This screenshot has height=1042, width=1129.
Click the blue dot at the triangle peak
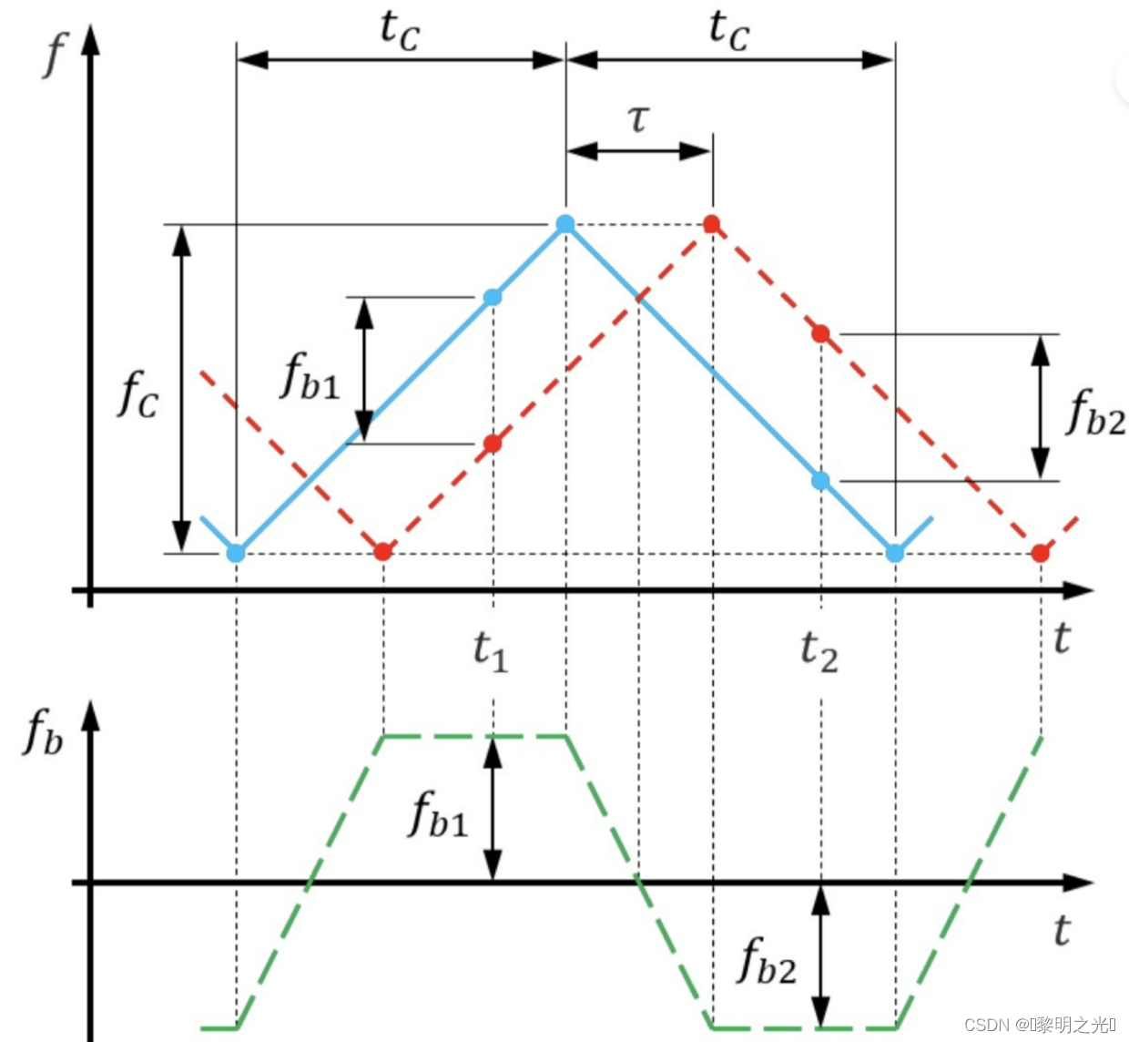pos(565,224)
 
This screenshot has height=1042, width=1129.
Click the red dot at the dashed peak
pos(712,224)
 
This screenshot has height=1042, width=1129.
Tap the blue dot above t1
pos(493,297)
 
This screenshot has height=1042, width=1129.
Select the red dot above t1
pos(493,444)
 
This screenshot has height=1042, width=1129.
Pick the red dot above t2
pos(820,334)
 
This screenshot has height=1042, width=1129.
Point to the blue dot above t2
pos(820,480)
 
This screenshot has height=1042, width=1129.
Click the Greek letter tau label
pos(639,118)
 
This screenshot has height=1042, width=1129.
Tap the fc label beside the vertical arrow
pos(137,393)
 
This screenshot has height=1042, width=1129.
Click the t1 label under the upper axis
pos(490,650)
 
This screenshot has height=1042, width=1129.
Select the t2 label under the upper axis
pos(819,651)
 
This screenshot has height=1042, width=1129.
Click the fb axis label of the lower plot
pos(43,732)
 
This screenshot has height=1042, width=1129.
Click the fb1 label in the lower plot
pos(438,813)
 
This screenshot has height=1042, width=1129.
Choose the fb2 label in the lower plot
pos(767,960)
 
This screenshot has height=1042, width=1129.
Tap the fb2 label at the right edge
pos(1095,412)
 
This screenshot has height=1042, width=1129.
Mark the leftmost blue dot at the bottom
pos(236,553)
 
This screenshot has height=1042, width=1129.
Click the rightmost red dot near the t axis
pos(1041,553)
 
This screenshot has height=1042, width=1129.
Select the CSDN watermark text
pos(1038,1025)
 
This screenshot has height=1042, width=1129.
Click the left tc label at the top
pos(399,29)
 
